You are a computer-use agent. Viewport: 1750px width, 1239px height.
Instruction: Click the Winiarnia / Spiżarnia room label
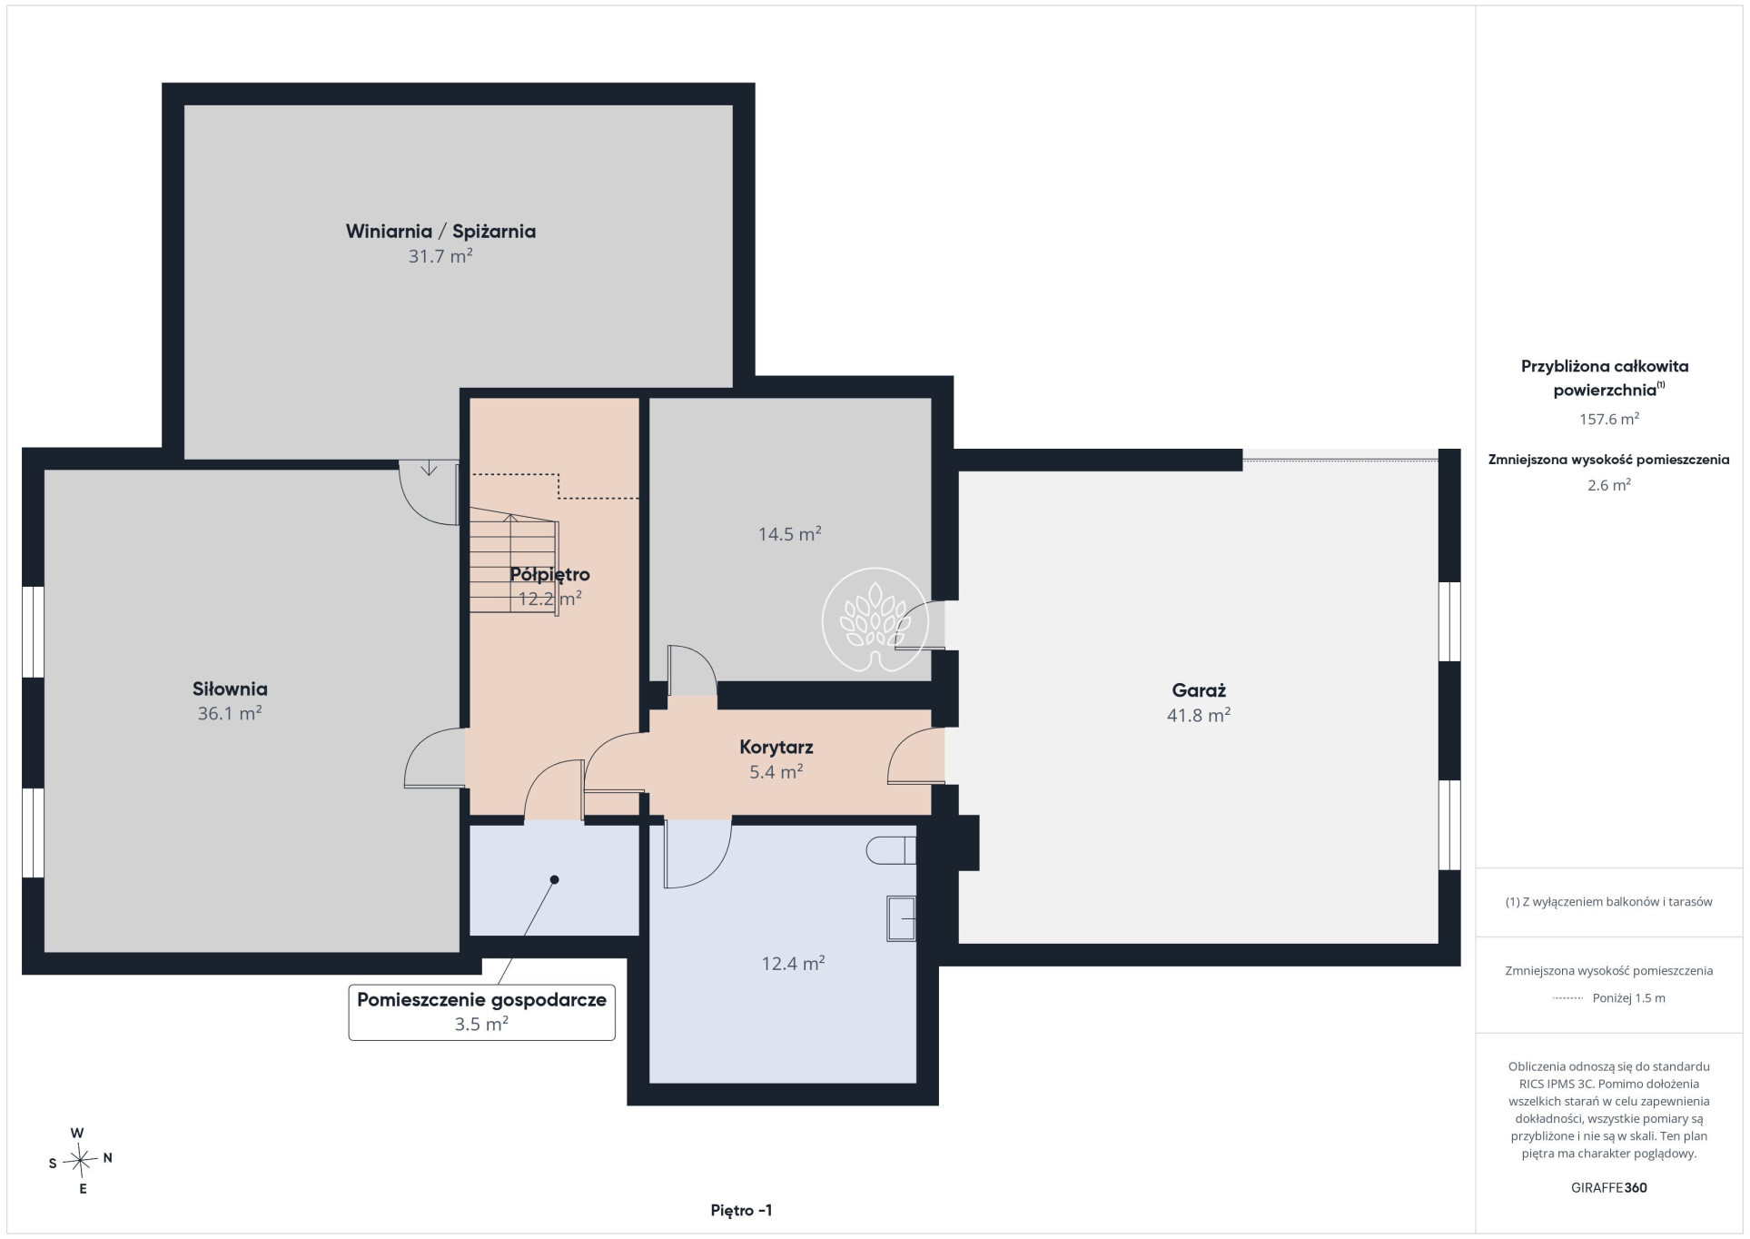tap(440, 231)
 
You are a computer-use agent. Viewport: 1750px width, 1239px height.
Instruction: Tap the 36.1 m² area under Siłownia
tap(230, 713)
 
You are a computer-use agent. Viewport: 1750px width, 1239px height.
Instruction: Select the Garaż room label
tap(1199, 690)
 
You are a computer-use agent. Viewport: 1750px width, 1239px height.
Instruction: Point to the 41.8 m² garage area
tap(1199, 715)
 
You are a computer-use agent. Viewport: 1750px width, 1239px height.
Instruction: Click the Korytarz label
tap(776, 747)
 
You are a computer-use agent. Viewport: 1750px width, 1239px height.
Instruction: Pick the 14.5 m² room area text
tap(790, 534)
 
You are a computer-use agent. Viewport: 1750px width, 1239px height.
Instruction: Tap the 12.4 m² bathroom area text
tap(793, 963)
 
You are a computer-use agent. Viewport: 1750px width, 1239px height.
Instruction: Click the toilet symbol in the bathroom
tap(891, 850)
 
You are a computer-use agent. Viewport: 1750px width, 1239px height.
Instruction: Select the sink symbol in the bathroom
tap(902, 918)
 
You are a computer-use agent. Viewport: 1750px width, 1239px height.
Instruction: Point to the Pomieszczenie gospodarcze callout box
tap(482, 1012)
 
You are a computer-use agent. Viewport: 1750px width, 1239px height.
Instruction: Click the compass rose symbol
tap(81, 1160)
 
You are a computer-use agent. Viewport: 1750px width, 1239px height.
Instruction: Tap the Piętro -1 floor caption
tap(742, 1210)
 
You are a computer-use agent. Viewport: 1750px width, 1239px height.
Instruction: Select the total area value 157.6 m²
tap(1609, 419)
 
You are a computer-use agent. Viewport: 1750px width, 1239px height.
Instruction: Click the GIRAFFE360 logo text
tap(1609, 1187)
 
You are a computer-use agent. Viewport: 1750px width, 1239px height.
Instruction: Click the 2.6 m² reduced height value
tap(1609, 485)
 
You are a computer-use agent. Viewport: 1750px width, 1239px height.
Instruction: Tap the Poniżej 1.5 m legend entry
tap(1629, 997)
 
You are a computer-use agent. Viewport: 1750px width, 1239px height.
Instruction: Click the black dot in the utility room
tap(555, 879)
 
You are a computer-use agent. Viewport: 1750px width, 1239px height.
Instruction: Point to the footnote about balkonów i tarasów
tap(1609, 902)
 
